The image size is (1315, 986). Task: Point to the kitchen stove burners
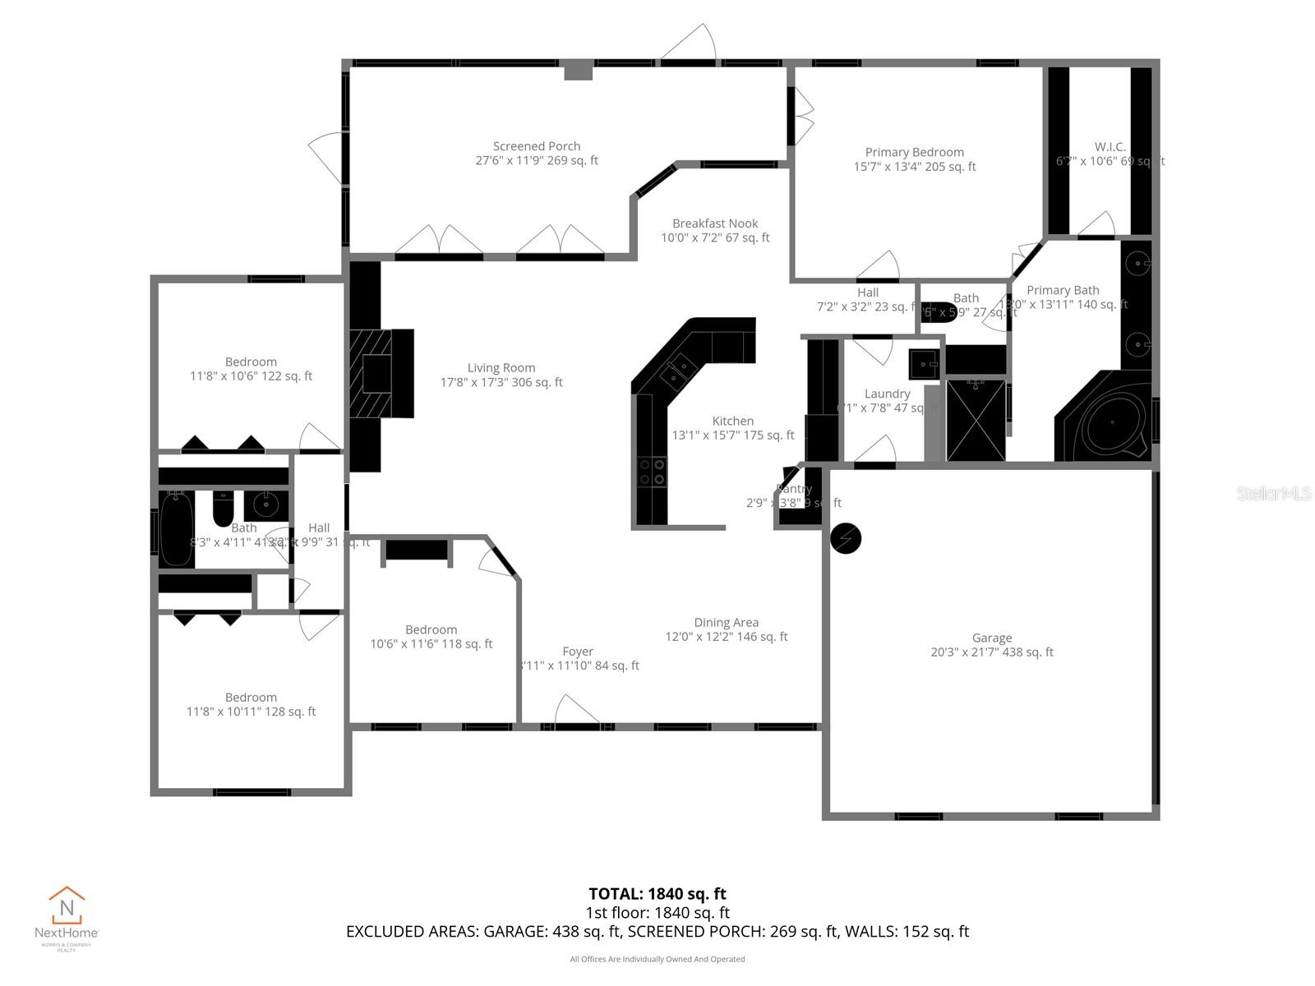(653, 472)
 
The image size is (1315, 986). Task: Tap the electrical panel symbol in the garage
(846, 539)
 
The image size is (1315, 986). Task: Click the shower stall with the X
(975, 420)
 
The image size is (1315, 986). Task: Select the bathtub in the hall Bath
(176, 528)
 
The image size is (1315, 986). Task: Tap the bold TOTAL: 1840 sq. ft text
(657, 894)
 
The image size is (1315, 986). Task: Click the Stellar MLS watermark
(1273, 493)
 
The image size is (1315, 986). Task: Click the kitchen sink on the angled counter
(679, 371)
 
